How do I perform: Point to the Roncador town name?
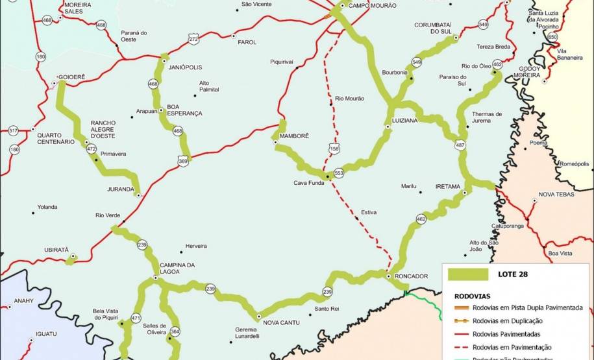(x=412, y=276)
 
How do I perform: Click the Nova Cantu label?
(x=280, y=322)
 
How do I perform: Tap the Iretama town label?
(x=447, y=186)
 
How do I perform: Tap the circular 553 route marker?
(x=338, y=173)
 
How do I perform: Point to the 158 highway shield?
(x=334, y=149)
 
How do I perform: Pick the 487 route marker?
(x=460, y=145)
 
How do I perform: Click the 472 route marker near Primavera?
(x=92, y=149)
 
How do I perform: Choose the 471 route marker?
(x=136, y=318)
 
